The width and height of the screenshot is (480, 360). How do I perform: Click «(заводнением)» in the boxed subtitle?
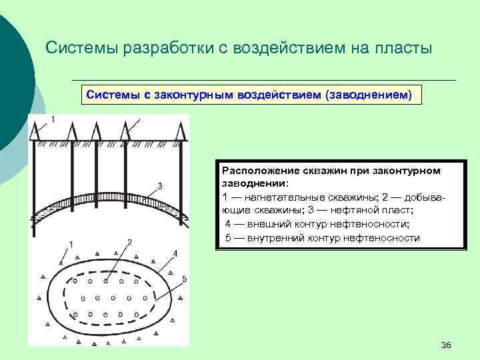point(369,95)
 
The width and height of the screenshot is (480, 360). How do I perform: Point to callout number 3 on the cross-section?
point(159,186)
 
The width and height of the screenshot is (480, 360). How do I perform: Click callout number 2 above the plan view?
point(129,242)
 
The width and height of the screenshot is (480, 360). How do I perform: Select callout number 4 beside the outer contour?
point(175,253)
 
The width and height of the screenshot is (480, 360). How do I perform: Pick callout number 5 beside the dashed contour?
point(183,278)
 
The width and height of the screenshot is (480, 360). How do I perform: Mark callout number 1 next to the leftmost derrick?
point(52,119)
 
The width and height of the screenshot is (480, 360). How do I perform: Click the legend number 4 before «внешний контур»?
point(228,224)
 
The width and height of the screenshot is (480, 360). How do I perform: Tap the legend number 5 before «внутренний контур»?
point(228,237)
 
